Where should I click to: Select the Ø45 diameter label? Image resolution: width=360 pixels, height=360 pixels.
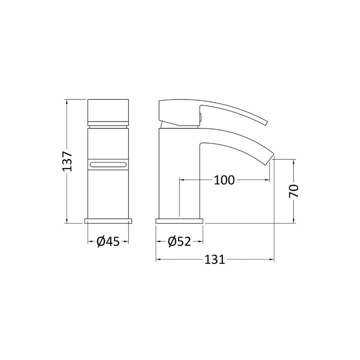tap(108, 242)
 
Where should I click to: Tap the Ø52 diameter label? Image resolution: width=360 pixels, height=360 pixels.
tap(180, 242)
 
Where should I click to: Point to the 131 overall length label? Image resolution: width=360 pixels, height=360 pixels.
tap(215, 260)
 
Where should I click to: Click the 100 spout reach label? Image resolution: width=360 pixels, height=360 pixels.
tap(224, 180)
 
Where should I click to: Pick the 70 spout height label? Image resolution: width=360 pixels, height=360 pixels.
tap(294, 191)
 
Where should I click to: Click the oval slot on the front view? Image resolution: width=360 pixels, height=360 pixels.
tap(108, 164)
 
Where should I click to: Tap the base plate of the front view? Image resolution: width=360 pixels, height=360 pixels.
tap(108, 221)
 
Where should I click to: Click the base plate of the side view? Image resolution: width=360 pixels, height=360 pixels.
tap(180, 221)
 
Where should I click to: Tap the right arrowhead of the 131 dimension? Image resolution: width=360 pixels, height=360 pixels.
tap(272, 260)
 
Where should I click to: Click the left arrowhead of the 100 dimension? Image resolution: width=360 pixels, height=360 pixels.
tap(182, 180)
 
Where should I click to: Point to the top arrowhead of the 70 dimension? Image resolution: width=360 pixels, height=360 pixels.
tap(294, 161)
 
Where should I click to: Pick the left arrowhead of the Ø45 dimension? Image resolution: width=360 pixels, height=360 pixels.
tap(89, 242)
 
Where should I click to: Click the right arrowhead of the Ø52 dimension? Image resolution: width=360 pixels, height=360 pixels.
tap(201, 242)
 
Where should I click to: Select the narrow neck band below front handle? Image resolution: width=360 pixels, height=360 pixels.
tap(108, 125)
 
